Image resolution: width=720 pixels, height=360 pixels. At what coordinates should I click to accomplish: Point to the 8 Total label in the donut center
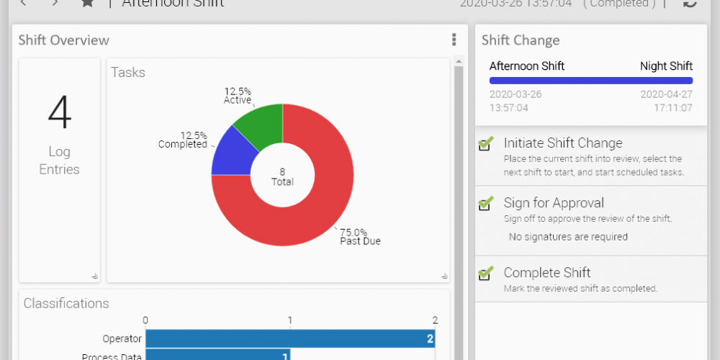coord(282,176)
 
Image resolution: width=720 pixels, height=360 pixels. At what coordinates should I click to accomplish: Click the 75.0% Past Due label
coord(360,237)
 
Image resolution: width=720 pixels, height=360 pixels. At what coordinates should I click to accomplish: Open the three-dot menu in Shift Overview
coord(454,40)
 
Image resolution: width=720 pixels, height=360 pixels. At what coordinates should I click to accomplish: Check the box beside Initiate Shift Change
coord(486,143)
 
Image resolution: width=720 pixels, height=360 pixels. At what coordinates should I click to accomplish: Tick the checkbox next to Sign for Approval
coord(486,203)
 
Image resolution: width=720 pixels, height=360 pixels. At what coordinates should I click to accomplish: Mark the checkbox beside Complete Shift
coord(486,273)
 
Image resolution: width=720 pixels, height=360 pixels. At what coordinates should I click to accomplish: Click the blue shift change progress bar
coord(590,81)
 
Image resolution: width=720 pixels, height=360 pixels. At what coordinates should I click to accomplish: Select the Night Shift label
coord(666,66)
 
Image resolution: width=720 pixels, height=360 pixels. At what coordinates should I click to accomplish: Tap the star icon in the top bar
coord(87,3)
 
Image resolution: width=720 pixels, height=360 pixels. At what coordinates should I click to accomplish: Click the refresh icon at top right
coord(690,3)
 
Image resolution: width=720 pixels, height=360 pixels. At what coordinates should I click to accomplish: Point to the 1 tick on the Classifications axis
coord(290,320)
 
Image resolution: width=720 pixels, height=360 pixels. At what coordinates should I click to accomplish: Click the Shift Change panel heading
coord(521,40)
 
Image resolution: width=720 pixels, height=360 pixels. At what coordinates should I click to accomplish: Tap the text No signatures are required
coord(568,237)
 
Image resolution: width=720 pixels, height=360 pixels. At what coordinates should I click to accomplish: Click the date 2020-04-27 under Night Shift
coord(666,94)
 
